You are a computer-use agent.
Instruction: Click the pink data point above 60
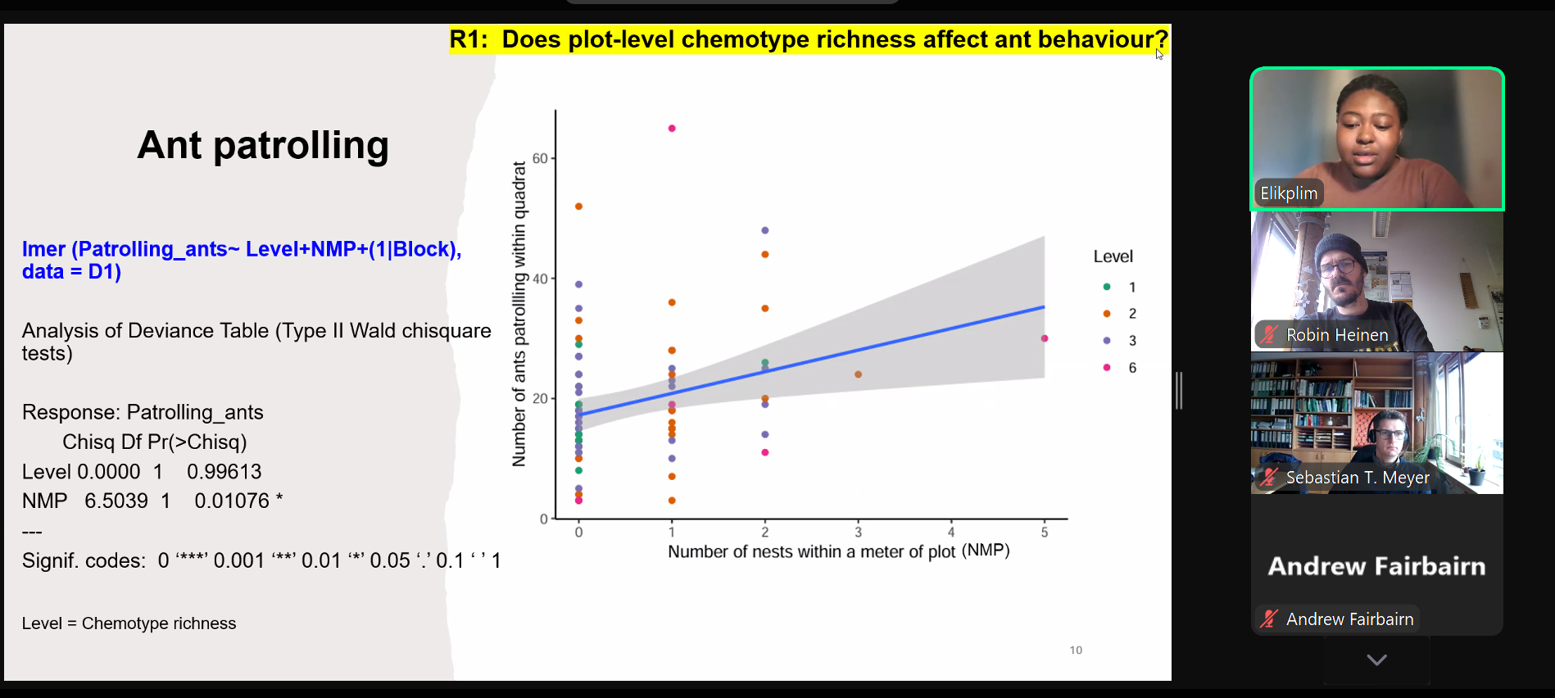point(672,129)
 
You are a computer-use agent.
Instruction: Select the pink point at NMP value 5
point(1045,338)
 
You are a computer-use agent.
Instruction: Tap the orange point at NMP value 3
point(858,374)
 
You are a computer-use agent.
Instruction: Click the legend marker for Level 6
point(1107,368)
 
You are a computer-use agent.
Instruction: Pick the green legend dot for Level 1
point(1107,287)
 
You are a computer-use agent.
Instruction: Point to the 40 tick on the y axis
point(541,279)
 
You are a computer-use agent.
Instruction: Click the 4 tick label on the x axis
point(951,533)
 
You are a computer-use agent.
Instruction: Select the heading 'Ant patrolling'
point(263,146)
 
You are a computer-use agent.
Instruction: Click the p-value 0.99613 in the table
point(224,472)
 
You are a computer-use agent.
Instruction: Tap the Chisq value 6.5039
point(116,501)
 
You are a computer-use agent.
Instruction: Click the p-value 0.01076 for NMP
point(232,501)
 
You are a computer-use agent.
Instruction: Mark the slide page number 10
point(1076,650)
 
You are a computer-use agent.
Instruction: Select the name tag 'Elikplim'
point(1289,193)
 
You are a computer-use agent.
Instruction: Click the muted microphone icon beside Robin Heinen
point(1269,334)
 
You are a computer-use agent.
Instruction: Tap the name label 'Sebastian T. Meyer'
point(1358,478)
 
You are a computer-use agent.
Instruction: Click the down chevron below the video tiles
point(1376,659)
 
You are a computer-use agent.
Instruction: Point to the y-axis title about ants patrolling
point(519,314)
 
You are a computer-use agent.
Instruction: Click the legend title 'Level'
point(1113,256)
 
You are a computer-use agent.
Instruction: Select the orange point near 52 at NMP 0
point(578,206)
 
